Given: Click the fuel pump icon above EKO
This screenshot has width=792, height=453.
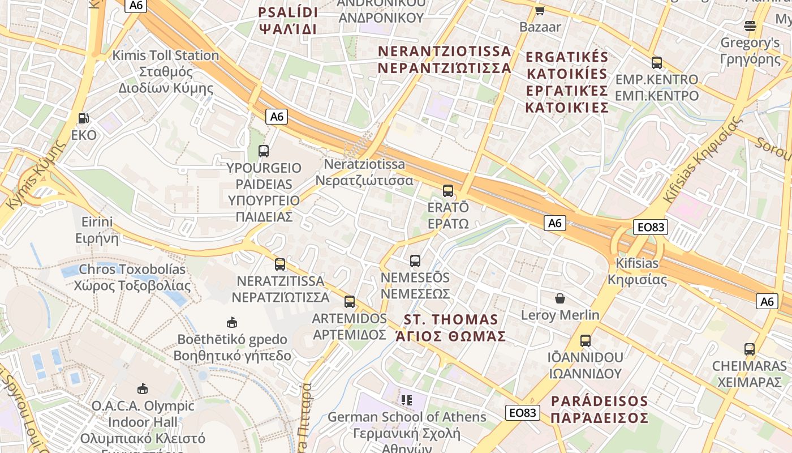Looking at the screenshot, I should tap(84, 118).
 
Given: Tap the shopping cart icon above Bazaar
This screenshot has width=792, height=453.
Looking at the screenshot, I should tap(540, 10).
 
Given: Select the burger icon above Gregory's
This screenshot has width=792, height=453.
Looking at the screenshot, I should tap(750, 25).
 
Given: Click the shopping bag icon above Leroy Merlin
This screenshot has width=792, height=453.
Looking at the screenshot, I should tap(560, 298).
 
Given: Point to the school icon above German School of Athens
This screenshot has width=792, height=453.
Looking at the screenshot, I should tap(406, 400).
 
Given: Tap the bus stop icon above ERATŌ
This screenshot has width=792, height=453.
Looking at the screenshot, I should tap(448, 190).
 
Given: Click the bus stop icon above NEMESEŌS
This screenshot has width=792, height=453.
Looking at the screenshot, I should tap(415, 261).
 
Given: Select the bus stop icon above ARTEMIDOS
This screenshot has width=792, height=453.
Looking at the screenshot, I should tap(350, 302).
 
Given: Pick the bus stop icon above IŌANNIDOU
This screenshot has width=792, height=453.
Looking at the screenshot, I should tap(586, 341).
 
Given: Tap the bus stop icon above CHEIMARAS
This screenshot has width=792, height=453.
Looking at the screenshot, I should tap(750, 349).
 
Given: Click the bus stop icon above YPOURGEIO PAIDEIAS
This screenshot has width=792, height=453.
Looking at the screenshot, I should tap(264, 151).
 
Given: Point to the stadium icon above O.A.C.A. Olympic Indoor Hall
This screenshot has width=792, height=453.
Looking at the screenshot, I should tap(143, 389).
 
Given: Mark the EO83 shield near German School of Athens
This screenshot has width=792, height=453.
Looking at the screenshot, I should tap(522, 413).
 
